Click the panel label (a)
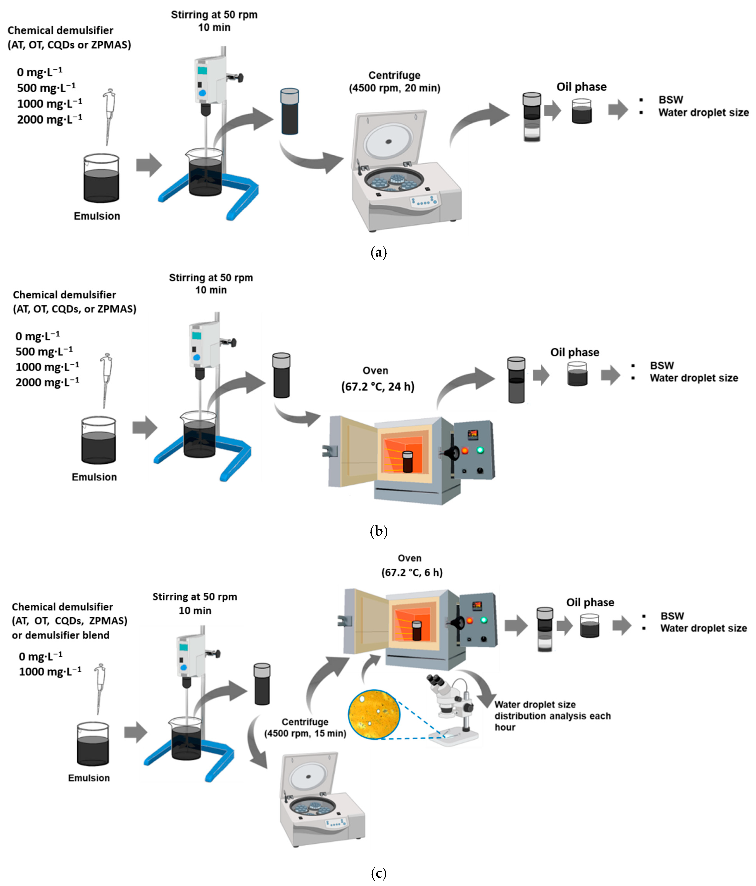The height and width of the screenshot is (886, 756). point(378,252)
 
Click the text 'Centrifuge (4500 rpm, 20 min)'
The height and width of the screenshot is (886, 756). point(394,82)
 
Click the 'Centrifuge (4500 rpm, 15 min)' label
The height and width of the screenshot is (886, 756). point(305,727)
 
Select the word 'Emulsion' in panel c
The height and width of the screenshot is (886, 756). point(89,778)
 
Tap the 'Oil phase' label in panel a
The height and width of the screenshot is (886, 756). point(581,87)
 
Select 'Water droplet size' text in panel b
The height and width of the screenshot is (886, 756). point(694,378)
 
